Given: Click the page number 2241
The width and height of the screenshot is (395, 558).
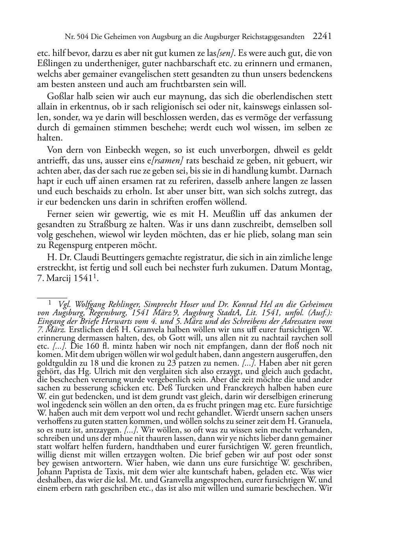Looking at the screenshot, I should pyautogui.click(x=322, y=37).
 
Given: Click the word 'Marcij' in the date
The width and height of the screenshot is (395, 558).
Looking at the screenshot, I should pyautogui.click(x=57, y=279).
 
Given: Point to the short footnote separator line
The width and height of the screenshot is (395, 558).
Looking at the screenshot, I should pyautogui.click(x=52, y=292).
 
